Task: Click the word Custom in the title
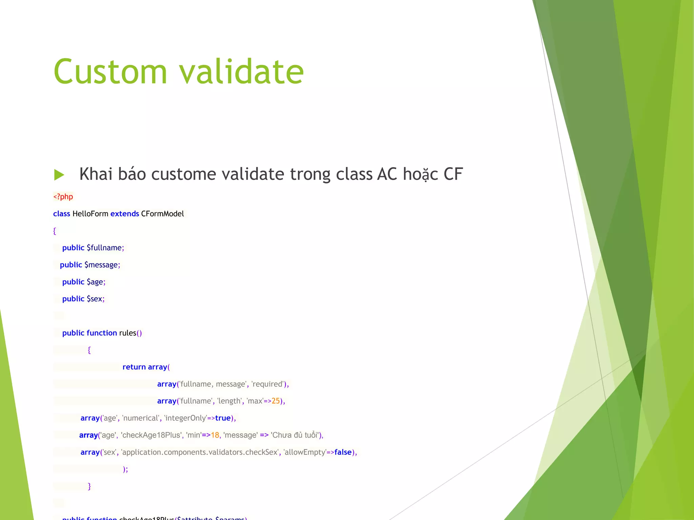110,72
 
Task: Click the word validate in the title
241,72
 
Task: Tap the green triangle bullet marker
59,175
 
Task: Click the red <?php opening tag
63,197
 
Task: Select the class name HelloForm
90,214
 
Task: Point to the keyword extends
125,214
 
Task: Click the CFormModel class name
163,214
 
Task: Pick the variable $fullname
105,248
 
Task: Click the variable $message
101,265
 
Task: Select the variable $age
95,282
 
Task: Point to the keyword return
134,367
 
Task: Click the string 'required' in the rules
267,384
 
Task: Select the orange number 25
276,401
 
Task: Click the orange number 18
215,435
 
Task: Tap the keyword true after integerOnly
223,418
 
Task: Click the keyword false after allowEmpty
343,452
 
